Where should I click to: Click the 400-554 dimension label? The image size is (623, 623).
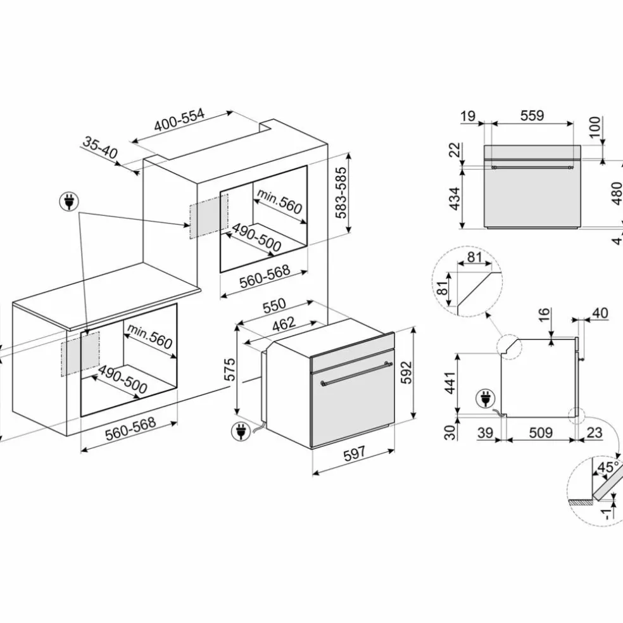pos(179,120)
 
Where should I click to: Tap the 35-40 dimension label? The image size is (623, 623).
pos(101,148)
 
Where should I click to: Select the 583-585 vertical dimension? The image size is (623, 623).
pos(341,192)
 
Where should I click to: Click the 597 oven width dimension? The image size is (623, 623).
pos(354,453)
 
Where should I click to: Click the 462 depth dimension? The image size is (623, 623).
pos(284,324)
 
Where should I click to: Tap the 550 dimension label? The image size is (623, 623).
pos(274,306)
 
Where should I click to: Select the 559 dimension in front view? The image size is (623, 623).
pos(532,115)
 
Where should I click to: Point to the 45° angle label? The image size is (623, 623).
pos(608,467)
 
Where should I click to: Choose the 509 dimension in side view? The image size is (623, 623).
pos(541,432)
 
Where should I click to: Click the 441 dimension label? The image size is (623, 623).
pos(450,383)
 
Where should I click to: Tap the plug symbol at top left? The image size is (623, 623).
pos(69,202)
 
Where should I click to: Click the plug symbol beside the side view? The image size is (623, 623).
pos(486,398)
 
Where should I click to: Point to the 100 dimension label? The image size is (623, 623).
pos(595,127)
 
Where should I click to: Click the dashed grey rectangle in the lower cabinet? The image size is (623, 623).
pos(80,354)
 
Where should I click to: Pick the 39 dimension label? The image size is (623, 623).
pos(485,432)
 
